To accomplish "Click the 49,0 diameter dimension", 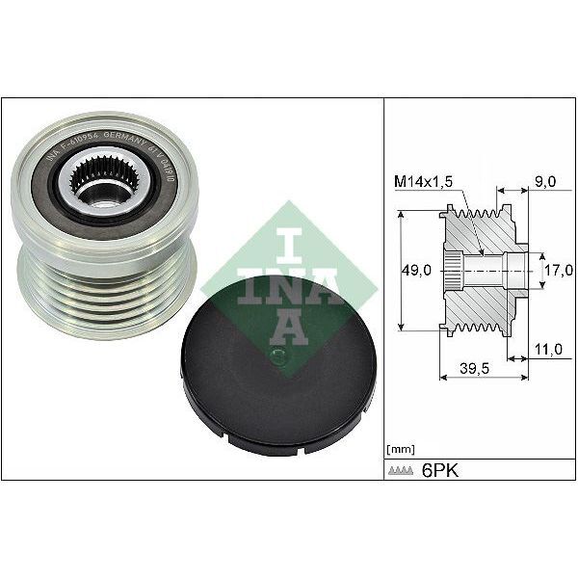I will pyautogui.click(x=416, y=271).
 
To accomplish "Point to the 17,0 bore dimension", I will pyautogui.click(x=556, y=271).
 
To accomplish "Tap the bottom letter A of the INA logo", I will pyautogui.click(x=287, y=328).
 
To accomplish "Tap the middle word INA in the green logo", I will pyautogui.click(x=287, y=284).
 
